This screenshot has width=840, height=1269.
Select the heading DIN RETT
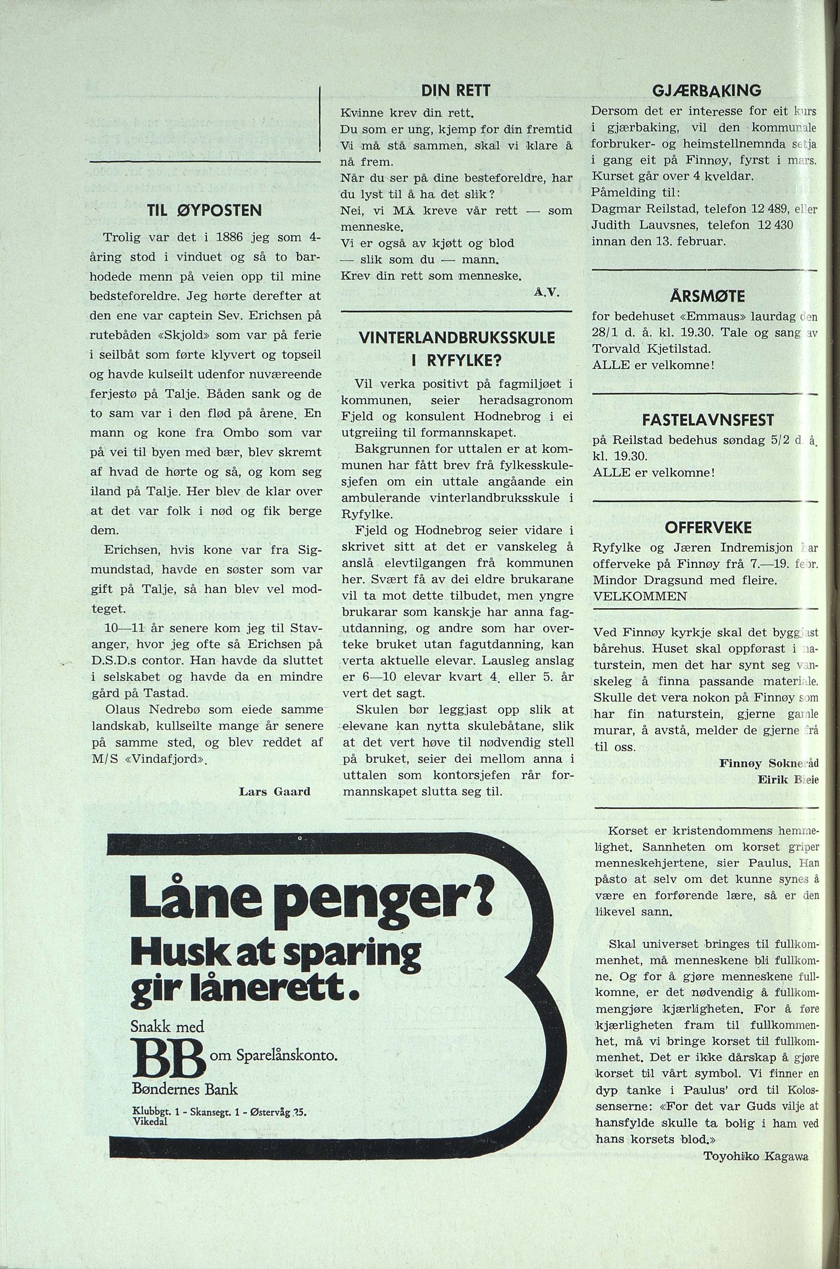[x=456, y=91]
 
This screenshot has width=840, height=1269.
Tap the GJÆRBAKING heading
[x=707, y=90]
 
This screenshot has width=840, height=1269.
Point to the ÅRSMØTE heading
[x=707, y=297]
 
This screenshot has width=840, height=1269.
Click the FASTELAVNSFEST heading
[x=708, y=421]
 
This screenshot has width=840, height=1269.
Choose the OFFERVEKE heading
[x=708, y=528]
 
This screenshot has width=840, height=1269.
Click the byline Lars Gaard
[x=275, y=791]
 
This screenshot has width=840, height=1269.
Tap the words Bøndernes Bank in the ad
[x=184, y=1089]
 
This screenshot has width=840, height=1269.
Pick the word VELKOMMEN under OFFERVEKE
[x=640, y=596]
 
